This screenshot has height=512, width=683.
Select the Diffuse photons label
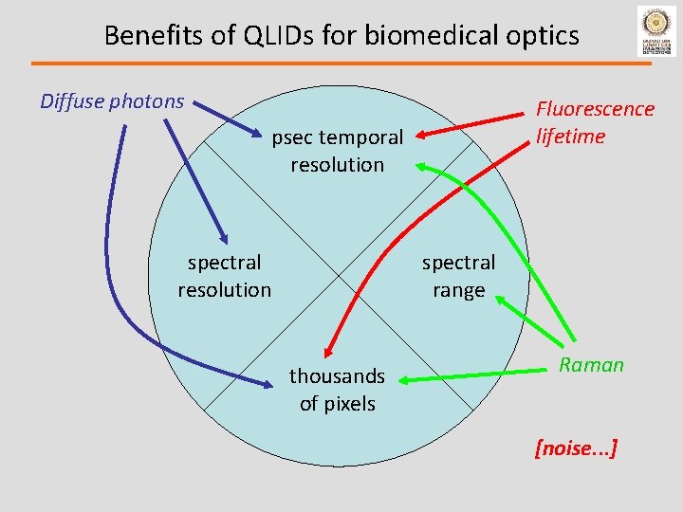[x=112, y=101]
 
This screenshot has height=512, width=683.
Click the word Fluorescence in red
[x=595, y=109]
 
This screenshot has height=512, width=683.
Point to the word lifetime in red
[x=570, y=137]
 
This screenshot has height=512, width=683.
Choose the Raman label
[x=591, y=365]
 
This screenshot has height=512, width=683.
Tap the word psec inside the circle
[x=292, y=137]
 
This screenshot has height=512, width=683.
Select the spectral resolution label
[x=224, y=276]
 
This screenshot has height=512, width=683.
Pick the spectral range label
[x=458, y=276]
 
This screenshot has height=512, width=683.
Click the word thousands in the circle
[x=337, y=376]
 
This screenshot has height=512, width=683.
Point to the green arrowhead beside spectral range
[x=499, y=300]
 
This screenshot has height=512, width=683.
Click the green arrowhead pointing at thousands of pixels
[x=402, y=381]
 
